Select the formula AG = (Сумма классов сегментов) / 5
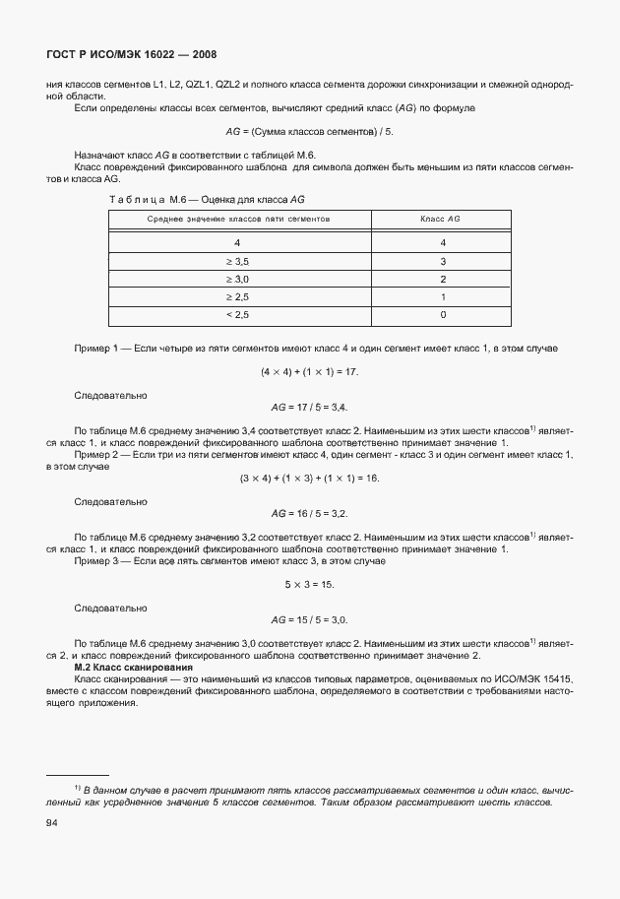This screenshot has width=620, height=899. [309, 131]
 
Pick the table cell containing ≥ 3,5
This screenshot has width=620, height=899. [237, 261]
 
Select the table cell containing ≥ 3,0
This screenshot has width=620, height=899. [237, 279]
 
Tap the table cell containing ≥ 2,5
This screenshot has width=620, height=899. [237, 296]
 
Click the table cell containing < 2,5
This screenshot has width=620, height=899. [237, 315]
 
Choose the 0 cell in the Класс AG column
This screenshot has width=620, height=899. [443, 315]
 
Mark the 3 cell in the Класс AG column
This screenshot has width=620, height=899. [443, 261]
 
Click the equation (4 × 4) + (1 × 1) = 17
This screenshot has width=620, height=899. [309, 371]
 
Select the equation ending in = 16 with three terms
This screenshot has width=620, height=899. [309, 478]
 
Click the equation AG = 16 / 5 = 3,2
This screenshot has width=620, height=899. [309, 513]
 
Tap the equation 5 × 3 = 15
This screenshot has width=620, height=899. [309, 584]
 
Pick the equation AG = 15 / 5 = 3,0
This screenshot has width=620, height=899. [309, 619]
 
